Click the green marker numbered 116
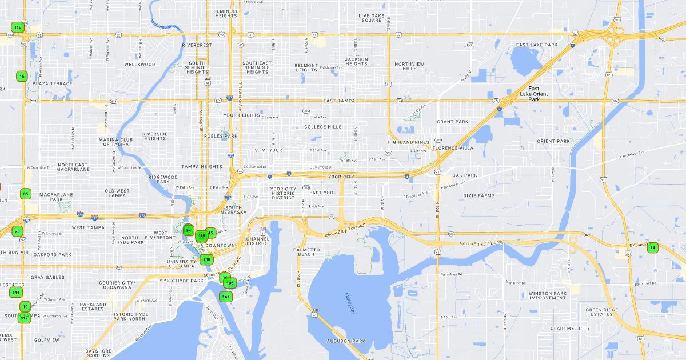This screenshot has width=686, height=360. (18, 27)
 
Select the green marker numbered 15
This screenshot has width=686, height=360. (22, 76)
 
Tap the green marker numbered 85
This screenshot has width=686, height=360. (25, 194)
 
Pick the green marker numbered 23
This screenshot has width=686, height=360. (18, 231)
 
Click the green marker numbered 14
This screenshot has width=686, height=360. (652, 247)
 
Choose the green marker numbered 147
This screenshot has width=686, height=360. (226, 297)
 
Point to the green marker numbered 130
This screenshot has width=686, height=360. (206, 260)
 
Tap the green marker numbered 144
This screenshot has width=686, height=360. (16, 293)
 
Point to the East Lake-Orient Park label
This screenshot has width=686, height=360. (534, 94)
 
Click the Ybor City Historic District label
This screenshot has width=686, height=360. (283, 193)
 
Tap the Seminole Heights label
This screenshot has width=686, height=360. (226, 14)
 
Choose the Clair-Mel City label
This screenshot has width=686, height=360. (569, 329)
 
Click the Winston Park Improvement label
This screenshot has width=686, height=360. (547, 295)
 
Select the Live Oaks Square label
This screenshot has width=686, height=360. (370, 18)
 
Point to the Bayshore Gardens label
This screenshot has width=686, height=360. (98, 353)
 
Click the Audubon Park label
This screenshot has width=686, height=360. (346, 341)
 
